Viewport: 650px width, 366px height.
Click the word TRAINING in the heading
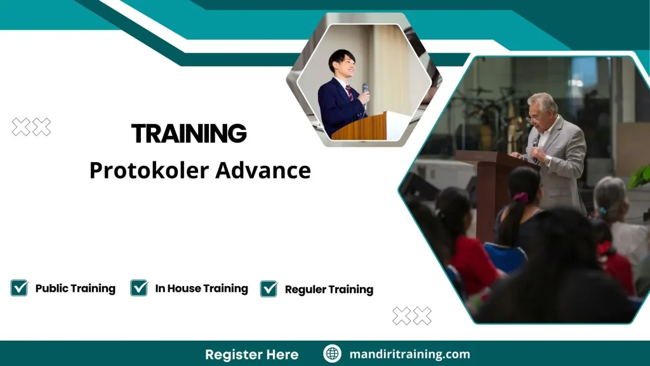pyautogui.click(x=189, y=133)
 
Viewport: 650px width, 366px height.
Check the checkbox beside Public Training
pyautogui.click(x=19, y=288)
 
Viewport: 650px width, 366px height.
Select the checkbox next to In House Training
pyautogui.click(x=139, y=288)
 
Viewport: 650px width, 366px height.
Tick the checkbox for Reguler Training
pyautogui.click(x=269, y=288)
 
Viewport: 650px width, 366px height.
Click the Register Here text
pyautogui.click(x=251, y=354)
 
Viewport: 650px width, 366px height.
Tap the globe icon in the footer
pyautogui.click(x=332, y=354)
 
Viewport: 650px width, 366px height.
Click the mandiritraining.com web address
pyautogui.click(x=410, y=354)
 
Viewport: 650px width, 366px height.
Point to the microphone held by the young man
pyautogui.click(x=365, y=90)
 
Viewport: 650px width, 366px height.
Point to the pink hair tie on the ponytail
pyautogui.click(x=521, y=198)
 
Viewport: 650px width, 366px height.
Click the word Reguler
pyautogui.click(x=305, y=289)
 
